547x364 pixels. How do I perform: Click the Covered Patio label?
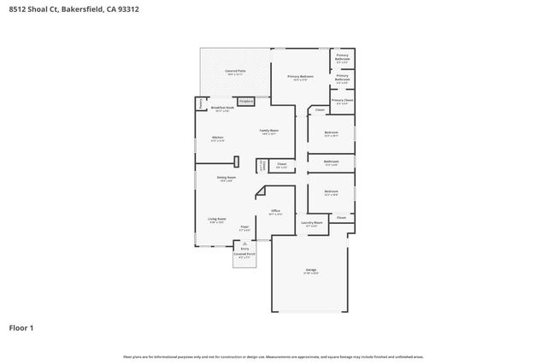[234, 72]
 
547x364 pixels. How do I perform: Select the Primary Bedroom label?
[299, 77]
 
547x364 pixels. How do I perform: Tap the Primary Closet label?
[342, 101]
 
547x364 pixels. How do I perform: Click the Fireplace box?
[246, 101]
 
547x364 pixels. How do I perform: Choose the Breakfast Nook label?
[222, 109]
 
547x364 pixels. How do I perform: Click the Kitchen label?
[217, 138]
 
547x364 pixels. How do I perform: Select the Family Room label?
[269, 132]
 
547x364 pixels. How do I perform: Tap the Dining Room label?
[226, 178]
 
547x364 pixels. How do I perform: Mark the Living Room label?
[217, 219]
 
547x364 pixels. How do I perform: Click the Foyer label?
[244, 227]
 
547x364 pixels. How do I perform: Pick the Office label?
[275, 211]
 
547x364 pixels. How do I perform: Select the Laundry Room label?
[312, 223]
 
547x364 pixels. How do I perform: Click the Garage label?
[310, 270]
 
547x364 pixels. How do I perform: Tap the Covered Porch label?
[244, 254]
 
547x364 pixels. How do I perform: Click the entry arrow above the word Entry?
[244, 243]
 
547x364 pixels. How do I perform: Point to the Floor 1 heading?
[21, 327]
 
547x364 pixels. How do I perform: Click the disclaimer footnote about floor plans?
[273, 356]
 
